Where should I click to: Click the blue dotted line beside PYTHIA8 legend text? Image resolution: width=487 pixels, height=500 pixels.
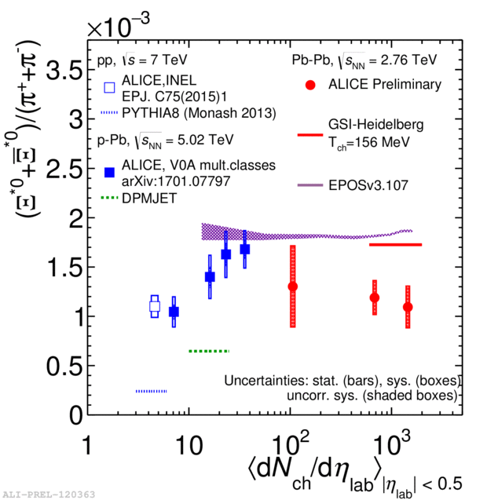111,113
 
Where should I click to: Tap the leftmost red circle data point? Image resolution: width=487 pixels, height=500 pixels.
293,286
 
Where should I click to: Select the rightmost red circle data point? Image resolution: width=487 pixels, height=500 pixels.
408,307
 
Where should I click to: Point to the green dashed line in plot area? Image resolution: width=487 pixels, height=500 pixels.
209,351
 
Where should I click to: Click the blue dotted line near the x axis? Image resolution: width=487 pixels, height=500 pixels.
152,391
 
